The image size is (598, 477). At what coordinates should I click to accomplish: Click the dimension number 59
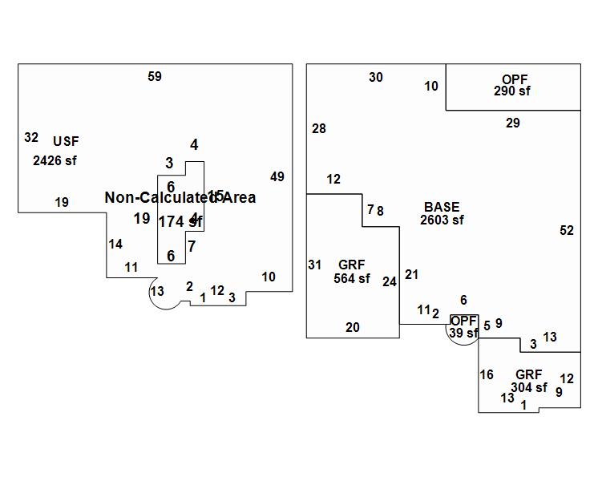155,77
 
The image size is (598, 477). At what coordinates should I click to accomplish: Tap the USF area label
66,141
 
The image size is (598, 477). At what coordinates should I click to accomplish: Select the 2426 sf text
55,160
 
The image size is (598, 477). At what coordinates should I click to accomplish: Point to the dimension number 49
277,177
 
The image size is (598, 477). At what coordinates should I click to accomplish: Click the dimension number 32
31,138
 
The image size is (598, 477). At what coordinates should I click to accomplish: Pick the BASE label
442,208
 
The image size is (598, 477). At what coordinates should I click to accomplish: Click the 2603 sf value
442,220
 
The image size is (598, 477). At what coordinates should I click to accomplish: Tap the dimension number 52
567,231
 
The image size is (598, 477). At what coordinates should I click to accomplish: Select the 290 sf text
512,91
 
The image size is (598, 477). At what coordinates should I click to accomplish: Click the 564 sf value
352,279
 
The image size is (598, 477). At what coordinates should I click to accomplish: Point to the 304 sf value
529,387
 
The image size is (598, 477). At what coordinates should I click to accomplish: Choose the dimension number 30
376,78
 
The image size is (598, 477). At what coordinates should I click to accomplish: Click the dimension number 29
513,123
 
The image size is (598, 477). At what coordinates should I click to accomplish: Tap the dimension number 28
319,129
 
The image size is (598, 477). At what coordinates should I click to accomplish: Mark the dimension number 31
314,265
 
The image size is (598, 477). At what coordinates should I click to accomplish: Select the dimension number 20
353,327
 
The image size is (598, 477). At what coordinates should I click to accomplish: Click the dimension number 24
390,282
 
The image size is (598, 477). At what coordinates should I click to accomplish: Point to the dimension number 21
411,275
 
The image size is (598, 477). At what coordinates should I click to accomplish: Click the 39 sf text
463,333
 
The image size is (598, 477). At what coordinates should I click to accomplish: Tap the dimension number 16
487,375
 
